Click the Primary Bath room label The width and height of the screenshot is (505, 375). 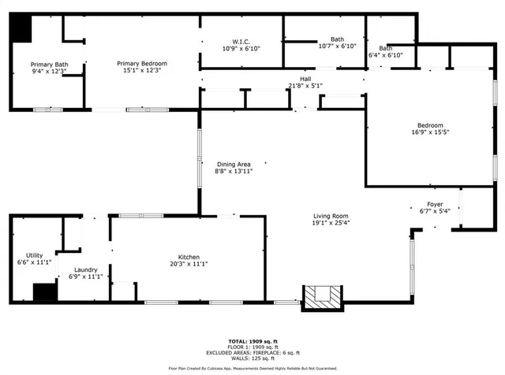tap(49, 69)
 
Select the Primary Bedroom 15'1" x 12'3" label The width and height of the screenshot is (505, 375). tap(142, 68)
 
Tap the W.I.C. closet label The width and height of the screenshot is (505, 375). tap(241, 45)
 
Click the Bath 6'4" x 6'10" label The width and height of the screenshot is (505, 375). tap(385, 51)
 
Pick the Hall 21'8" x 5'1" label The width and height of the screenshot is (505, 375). tap(305, 82)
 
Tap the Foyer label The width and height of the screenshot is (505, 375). tap(435, 207)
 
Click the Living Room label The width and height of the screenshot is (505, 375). tap(331, 219)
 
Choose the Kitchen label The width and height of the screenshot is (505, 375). tap(189, 261)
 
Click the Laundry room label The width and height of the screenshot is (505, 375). tap(85, 273)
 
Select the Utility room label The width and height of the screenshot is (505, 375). tap(34, 258)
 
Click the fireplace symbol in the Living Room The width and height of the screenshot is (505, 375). tap(324, 296)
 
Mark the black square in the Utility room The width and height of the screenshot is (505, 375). tap(45, 292)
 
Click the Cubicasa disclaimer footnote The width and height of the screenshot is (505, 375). tap(252, 368)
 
